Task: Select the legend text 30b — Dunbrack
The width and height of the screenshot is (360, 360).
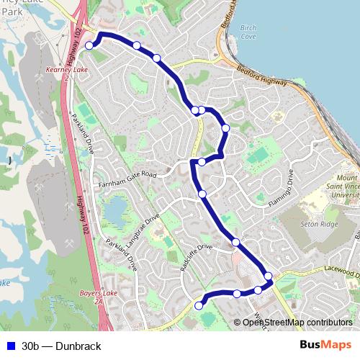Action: [61, 346]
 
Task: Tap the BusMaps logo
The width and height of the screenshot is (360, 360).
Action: [325, 345]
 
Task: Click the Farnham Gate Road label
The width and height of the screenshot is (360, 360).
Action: [128, 174]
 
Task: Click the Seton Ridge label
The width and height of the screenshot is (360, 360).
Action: [318, 224]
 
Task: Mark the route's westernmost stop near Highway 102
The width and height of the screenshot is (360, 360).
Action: [89, 45]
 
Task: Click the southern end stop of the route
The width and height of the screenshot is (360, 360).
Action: [199, 306]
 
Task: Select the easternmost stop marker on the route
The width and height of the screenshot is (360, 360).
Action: [268, 276]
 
